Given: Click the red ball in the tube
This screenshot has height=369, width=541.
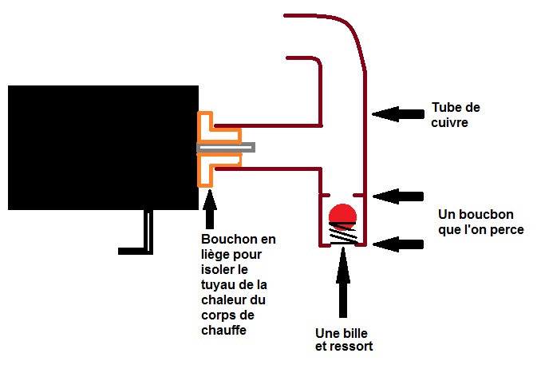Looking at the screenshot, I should tap(342, 214).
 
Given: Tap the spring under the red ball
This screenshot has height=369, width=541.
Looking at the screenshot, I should tap(343, 234).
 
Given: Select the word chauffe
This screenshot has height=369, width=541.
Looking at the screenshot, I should tap(223, 329).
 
